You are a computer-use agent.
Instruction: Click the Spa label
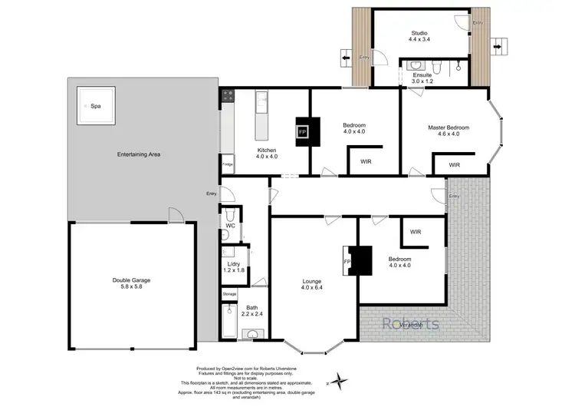tap(97, 106)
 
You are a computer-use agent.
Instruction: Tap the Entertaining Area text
tap(138, 155)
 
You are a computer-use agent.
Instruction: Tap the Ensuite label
tap(422, 74)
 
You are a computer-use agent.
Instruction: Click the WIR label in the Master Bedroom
tap(454, 165)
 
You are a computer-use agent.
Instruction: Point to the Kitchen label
tap(267, 150)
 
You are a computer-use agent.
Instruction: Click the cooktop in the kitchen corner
tap(228, 96)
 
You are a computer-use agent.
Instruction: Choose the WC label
tap(230, 226)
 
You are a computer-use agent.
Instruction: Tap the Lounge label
tap(310, 280)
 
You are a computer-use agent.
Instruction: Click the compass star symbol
tap(335, 379)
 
